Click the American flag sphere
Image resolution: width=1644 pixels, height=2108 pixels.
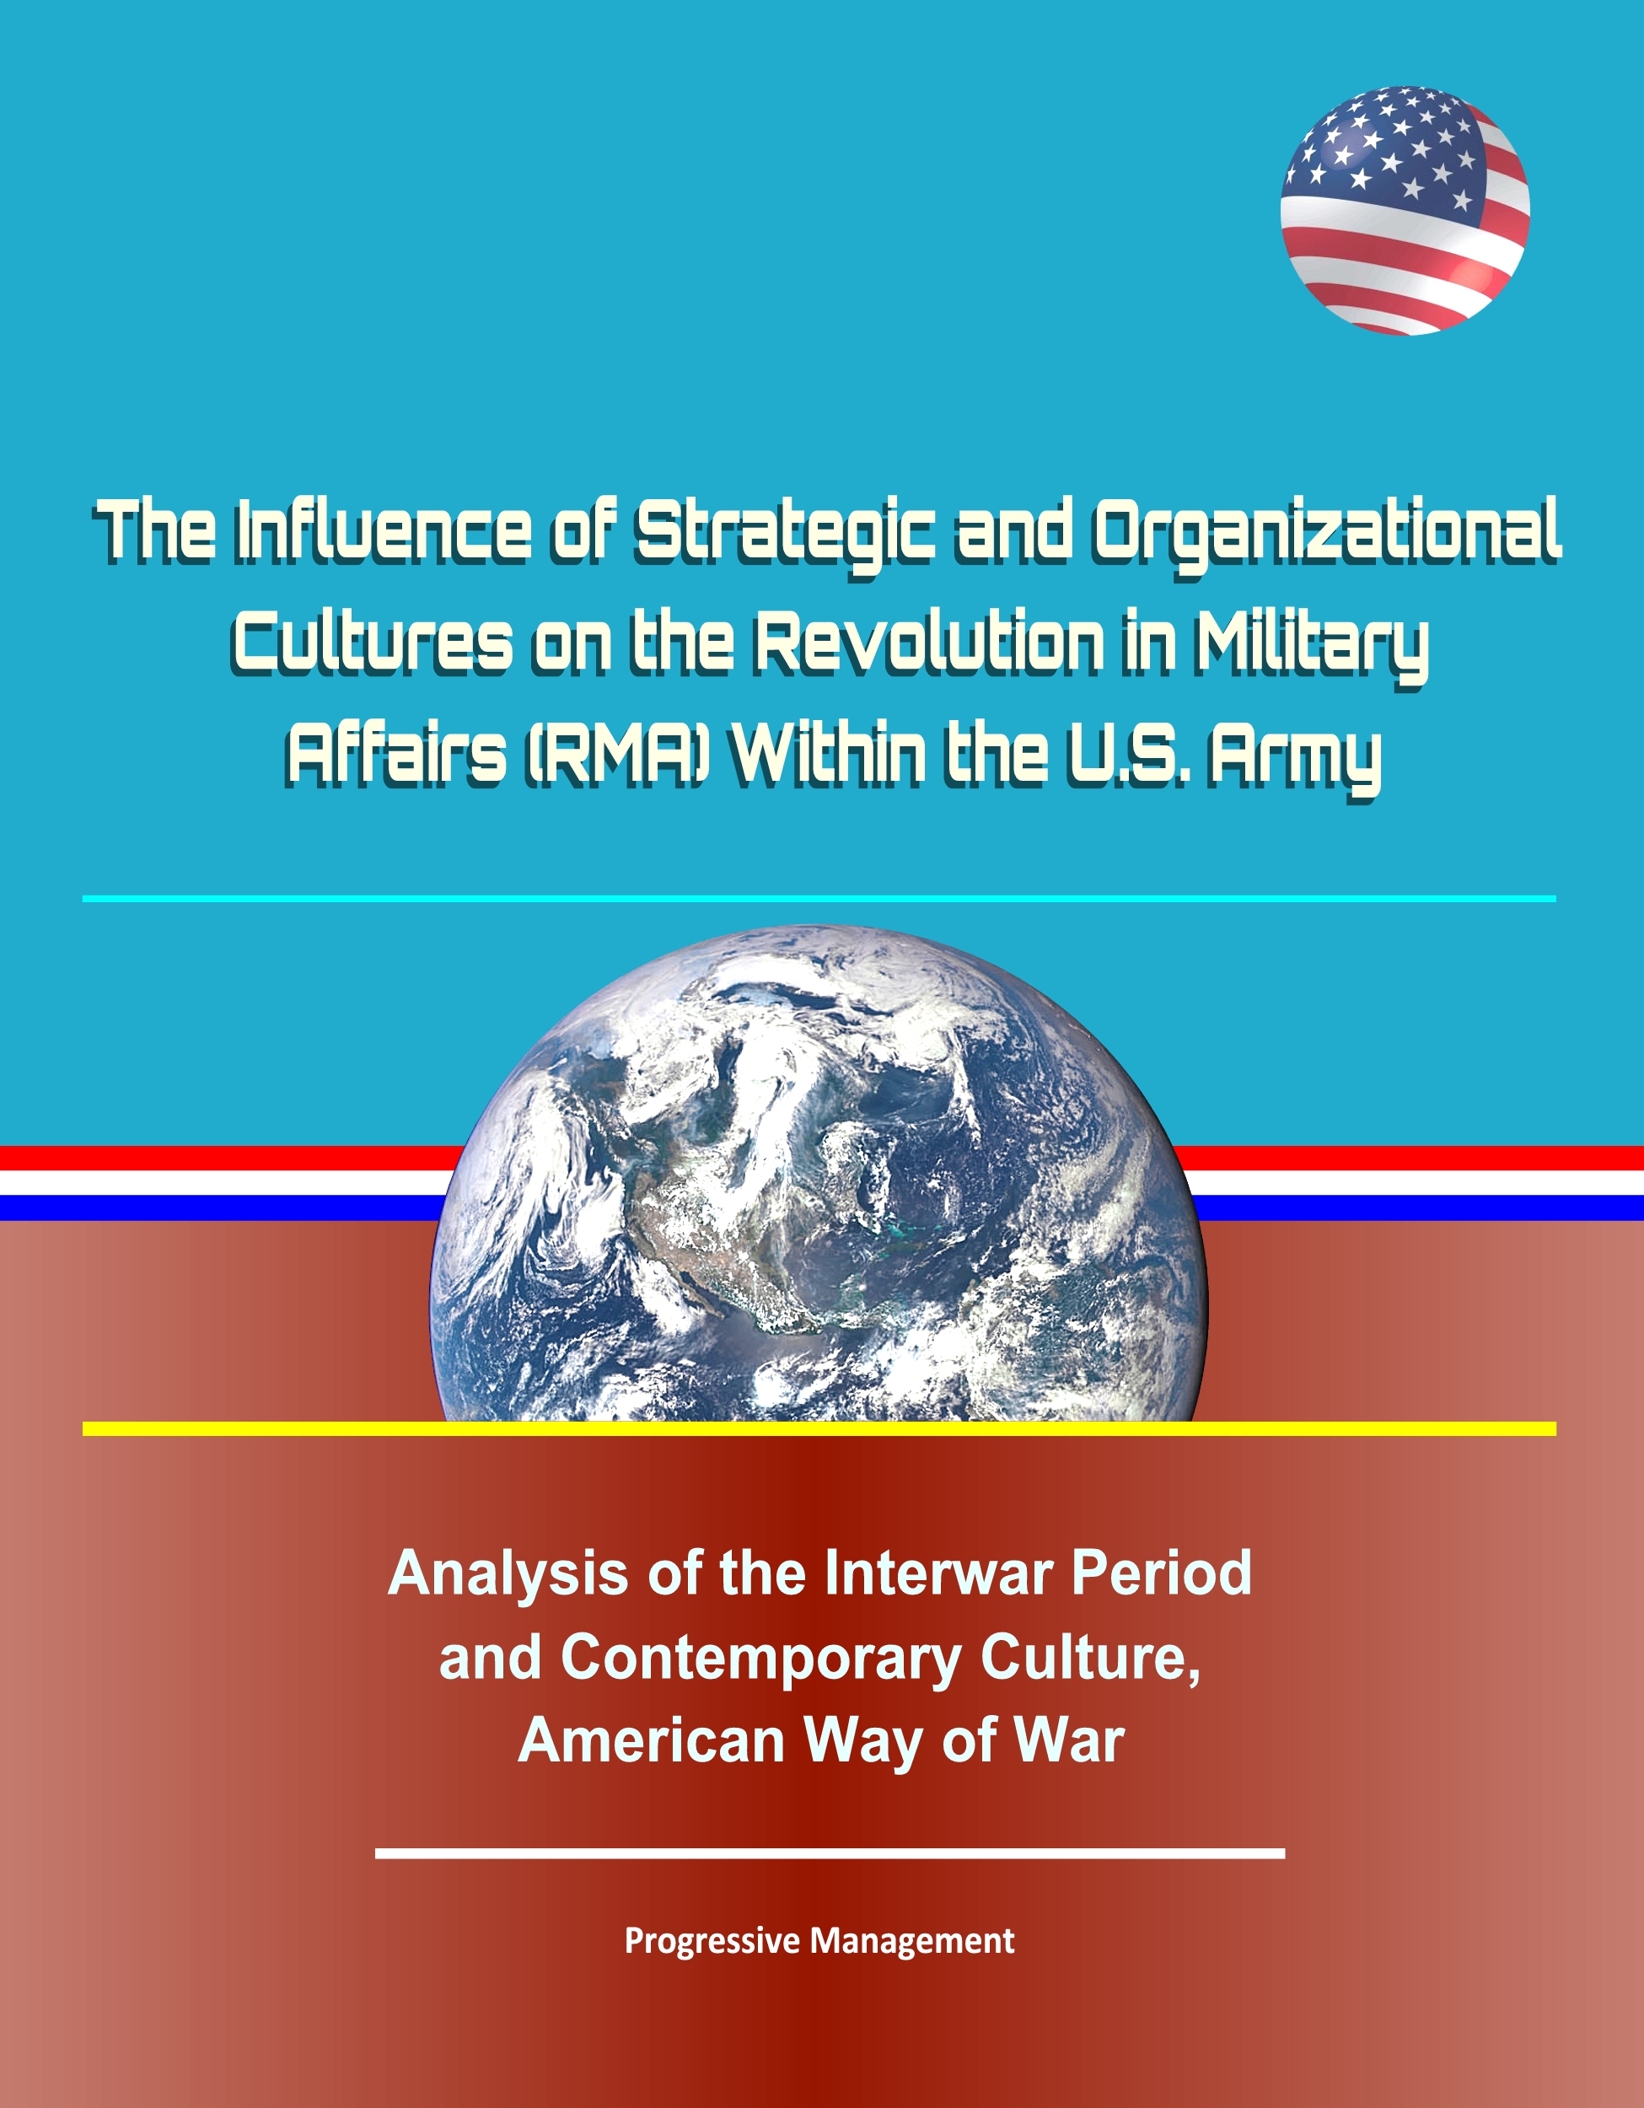pyautogui.click(x=1404, y=211)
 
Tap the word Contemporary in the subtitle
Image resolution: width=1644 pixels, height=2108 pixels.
pyautogui.click(x=760, y=1659)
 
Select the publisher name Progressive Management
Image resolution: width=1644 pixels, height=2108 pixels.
pyautogui.click(x=819, y=1941)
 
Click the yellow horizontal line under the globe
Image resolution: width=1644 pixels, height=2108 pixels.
pyautogui.click(x=819, y=1428)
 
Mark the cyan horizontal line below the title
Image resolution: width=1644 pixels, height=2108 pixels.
pyautogui.click(x=819, y=899)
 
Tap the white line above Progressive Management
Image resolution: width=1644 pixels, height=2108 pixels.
pyautogui.click(x=830, y=1853)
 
